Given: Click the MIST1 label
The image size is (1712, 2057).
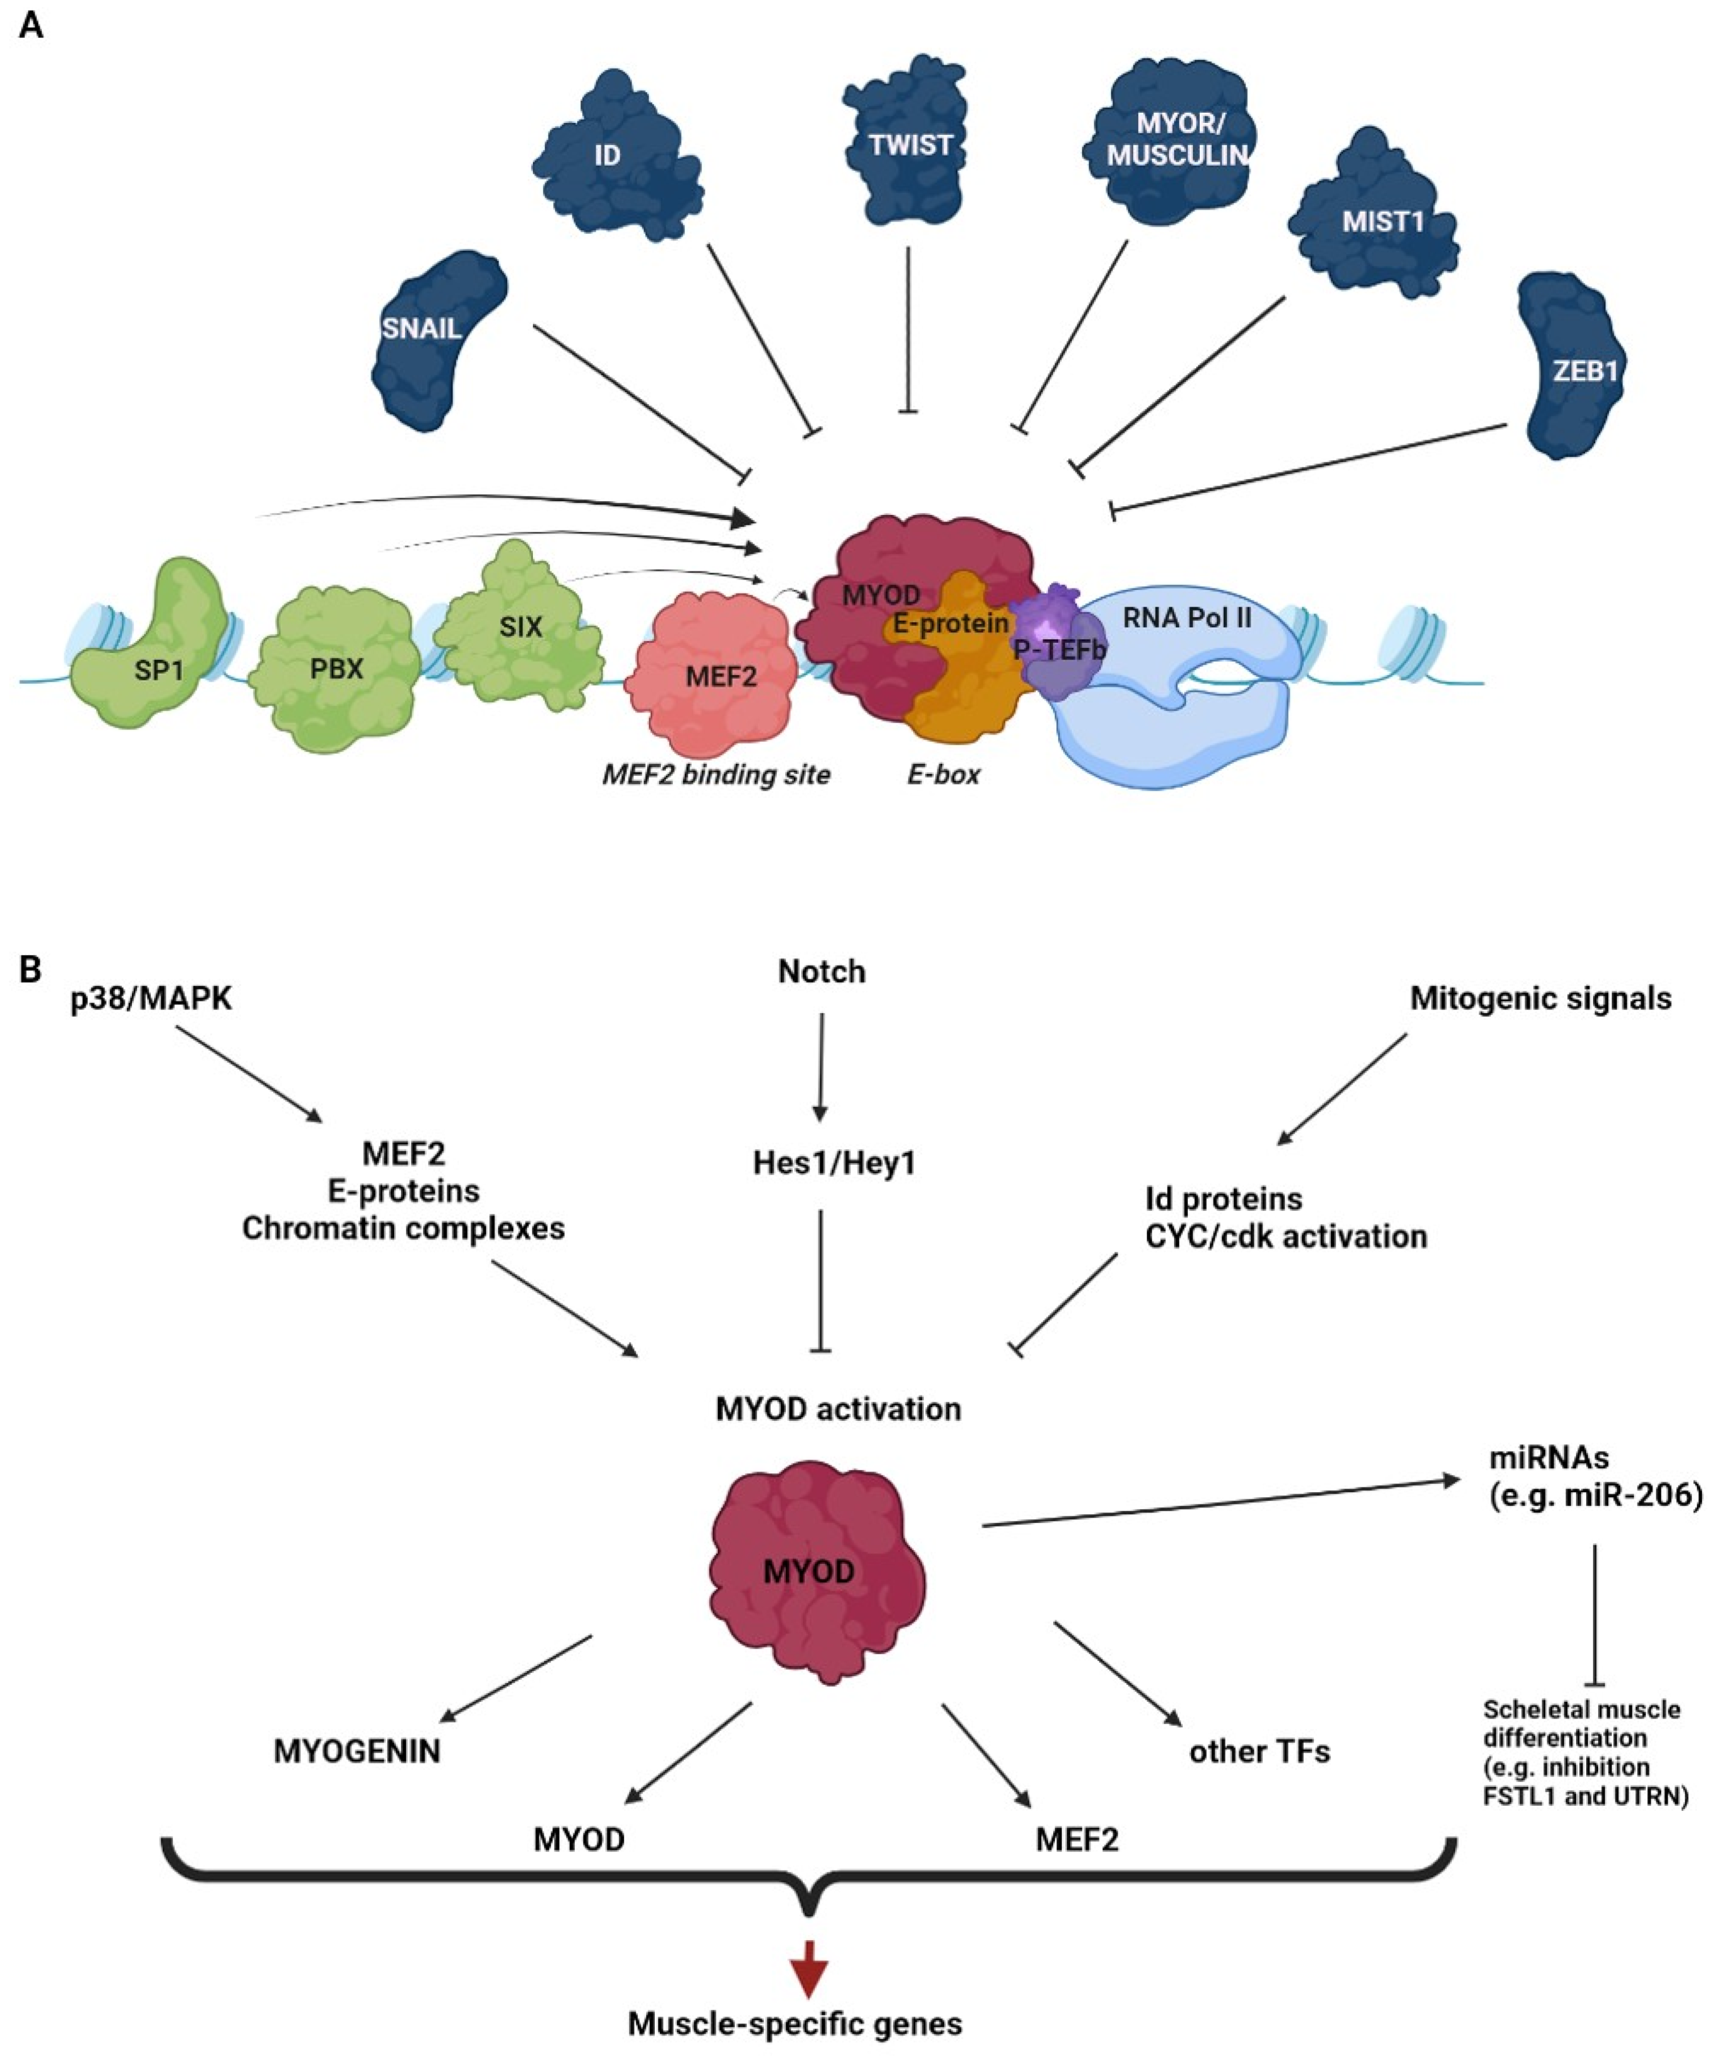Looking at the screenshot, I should pos(1383,223).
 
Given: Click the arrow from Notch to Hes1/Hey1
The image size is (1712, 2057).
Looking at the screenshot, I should pos(821,1068).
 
